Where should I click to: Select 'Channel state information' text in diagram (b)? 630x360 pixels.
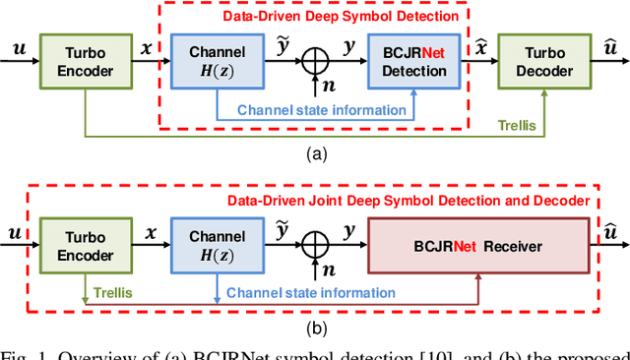tap(310, 292)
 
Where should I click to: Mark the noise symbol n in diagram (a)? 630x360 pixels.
tap(329, 87)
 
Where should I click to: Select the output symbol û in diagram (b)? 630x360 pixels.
tap(609, 232)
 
